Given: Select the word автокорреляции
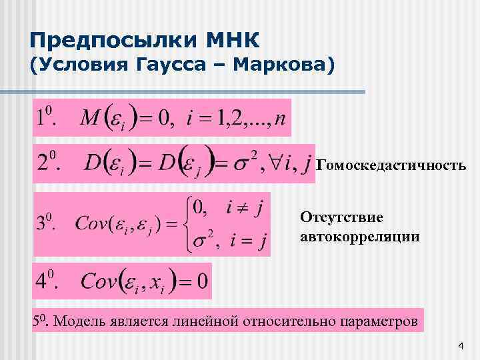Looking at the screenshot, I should tap(360, 236).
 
